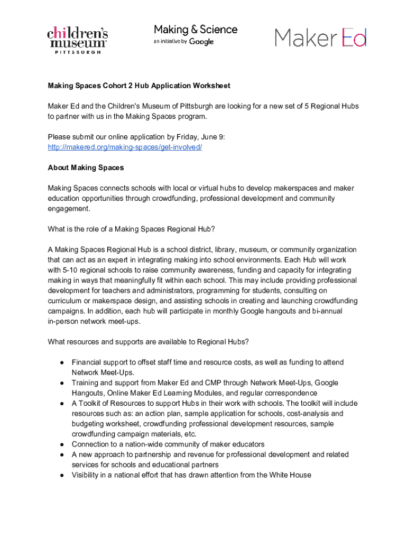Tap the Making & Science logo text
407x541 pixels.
pyautogui.click(x=196, y=30)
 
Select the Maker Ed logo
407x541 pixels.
pyautogui.click(x=320, y=38)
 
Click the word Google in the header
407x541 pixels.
pyautogui.click(x=201, y=42)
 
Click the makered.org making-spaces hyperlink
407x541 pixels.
pyautogui.click(x=125, y=147)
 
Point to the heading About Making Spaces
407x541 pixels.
pyautogui.click(x=86, y=167)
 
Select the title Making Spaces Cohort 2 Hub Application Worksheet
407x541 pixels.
pyautogui.click(x=139, y=86)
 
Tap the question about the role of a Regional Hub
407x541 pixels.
pyautogui.click(x=131, y=229)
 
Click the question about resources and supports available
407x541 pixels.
pyautogui.click(x=148, y=342)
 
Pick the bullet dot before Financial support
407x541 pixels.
pyautogui.click(x=62, y=362)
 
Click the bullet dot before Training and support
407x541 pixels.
pyautogui.click(x=62, y=383)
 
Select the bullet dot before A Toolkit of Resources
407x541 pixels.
pyautogui.click(x=62, y=404)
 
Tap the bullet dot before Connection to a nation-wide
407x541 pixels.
pyautogui.click(x=62, y=444)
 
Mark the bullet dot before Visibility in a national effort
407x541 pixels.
pyautogui.click(x=62, y=475)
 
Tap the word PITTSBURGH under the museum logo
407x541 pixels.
pyautogui.click(x=78, y=52)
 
